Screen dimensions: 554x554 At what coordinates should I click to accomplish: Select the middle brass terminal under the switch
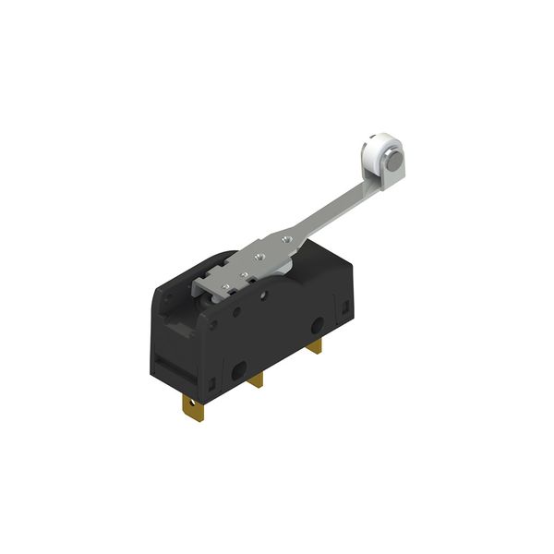tap(256, 379)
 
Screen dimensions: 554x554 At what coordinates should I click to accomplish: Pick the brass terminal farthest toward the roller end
tap(315, 346)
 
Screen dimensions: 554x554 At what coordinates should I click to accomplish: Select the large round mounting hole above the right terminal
tap(317, 328)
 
